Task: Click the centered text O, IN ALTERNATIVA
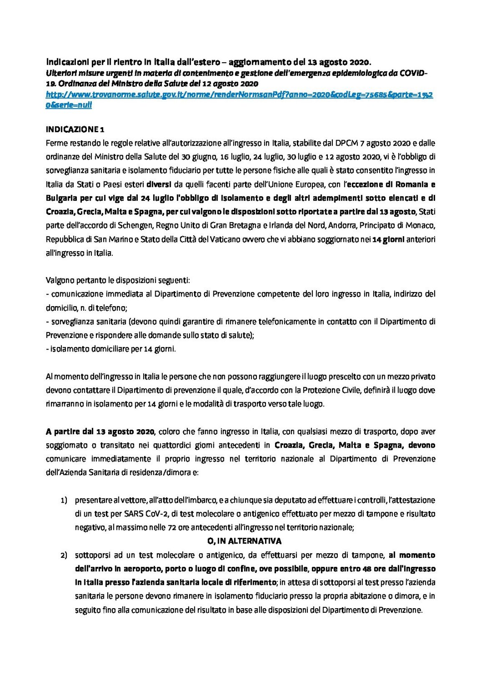pos(244,541)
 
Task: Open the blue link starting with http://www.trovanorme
pos(239,95)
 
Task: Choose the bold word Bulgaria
pos(61,198)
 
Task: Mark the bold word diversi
pos(156,184)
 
